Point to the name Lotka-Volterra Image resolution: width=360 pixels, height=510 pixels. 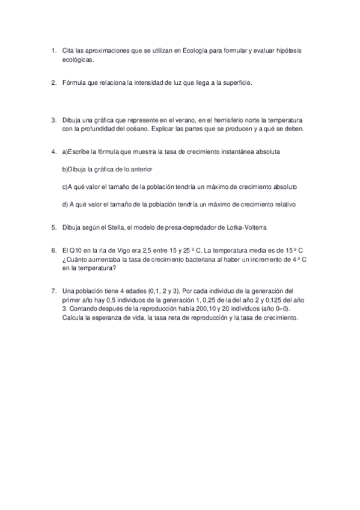point(244,227)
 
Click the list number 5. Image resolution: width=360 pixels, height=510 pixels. point(53,227)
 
